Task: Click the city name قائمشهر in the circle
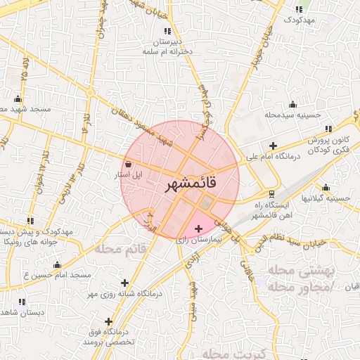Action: coord(192,184)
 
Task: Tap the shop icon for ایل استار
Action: coord(127,164)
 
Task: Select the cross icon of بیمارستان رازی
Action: coord(198,228)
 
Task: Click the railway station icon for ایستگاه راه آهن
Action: coord(273,193)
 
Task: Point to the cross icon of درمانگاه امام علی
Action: coord(273,145)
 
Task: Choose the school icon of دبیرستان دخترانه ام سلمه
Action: coord(167,31)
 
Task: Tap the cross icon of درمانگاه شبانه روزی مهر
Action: coord(125,283)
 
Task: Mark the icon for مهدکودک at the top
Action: coord(299,9)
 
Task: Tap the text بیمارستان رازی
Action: coord(197,240)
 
